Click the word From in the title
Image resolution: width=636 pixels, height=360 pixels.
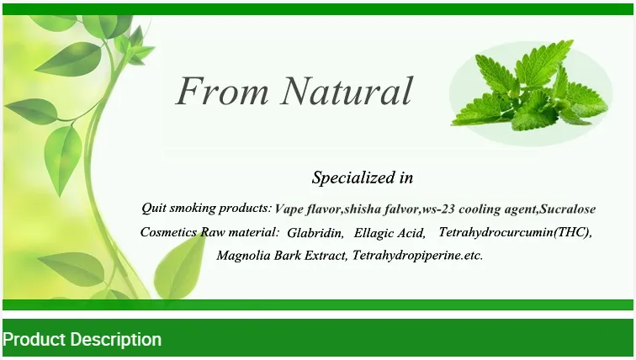pos(221,91)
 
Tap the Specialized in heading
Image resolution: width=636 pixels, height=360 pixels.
pos(363,177)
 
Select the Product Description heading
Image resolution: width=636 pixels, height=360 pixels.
pos(82,340)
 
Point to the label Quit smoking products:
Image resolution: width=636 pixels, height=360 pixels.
pos(206,208)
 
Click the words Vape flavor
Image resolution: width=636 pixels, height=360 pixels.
pos(307,209)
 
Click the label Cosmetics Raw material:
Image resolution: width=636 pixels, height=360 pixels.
pos(209,232)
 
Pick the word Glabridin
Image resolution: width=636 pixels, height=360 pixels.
pos(314,233)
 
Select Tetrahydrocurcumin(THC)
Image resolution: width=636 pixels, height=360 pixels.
pos(516,232)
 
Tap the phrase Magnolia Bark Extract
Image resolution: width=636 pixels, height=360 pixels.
pos(281,255)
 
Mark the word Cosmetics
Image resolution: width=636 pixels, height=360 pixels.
pos(169,232)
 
